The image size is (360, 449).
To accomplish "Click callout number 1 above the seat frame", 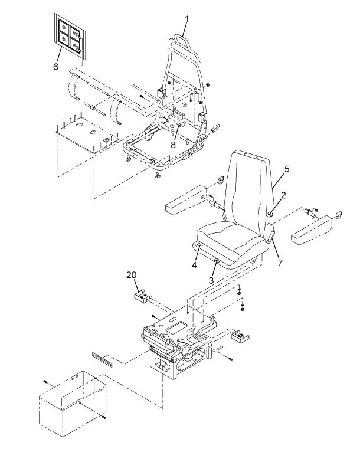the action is [186, 19].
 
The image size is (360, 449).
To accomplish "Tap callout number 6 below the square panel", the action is [55, 67].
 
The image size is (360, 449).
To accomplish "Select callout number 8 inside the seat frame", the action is [173, 145].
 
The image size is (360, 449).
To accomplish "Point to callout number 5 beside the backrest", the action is [287, 169].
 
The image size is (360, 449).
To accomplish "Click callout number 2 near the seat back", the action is [283, 195].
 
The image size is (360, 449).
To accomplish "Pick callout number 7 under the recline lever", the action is [280, 263].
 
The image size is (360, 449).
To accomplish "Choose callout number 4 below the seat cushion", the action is [194, 266].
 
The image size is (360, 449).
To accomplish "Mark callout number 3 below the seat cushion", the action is [211, 280].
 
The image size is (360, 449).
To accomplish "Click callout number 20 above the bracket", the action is [132, 275].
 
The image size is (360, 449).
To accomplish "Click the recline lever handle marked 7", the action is [271, 237].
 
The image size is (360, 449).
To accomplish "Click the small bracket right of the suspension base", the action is [241, 337].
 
